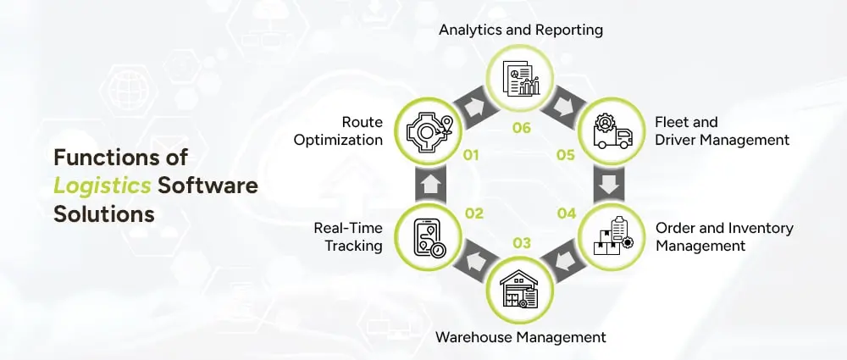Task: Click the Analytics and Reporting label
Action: pos(520,30)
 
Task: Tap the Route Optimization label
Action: pos(338,130)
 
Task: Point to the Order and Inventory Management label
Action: pos(724,237)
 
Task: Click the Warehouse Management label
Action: pos(520,337)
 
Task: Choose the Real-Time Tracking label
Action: pos(348,237)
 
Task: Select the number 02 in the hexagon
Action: pos(473,213)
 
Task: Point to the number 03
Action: pos(522,244)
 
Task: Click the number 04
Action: pos(566,213)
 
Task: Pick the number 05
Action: pos(566,156)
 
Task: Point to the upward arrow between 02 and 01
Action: pos(429,185)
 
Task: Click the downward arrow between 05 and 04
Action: pos(611,185)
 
